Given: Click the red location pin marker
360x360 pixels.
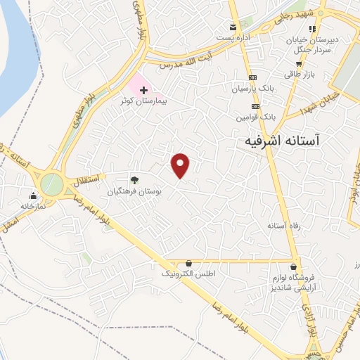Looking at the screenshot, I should [x=181, y=165].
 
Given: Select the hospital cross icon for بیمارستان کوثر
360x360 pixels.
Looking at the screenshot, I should [x=144, y=91].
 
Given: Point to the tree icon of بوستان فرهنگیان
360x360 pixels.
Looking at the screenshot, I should [x=134, y=179].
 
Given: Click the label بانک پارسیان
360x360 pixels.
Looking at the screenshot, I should [x=253, y=89].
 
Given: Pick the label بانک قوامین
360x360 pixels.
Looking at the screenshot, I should [x=255, y=117].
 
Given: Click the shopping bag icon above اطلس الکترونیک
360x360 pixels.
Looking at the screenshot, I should [x=188, y=262].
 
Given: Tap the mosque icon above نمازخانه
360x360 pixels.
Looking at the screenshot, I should [x=32, y=196].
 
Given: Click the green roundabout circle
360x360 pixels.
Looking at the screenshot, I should [x=51, y=184].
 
